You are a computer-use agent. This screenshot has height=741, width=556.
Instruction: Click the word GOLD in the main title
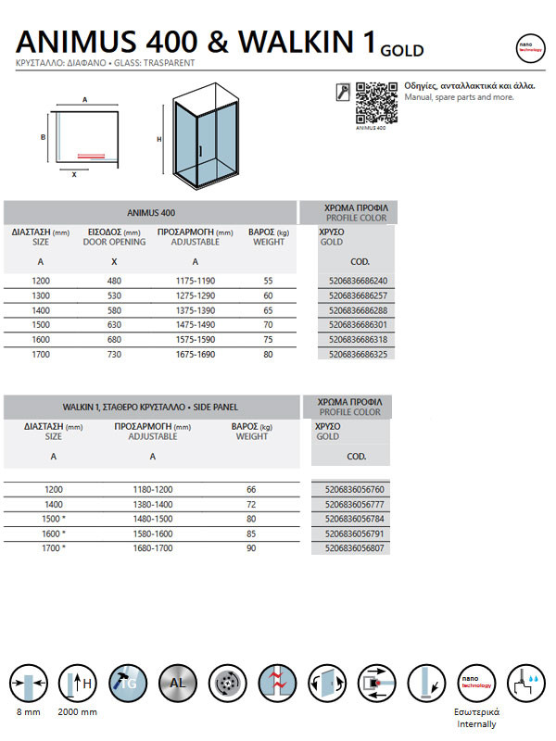[x=402, y=50]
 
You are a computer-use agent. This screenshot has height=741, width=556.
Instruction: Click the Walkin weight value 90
[x=251, y=548]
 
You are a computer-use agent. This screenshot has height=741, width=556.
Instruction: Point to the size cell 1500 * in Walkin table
[x=57, y=519]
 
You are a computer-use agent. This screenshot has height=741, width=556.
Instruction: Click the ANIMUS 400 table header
[x=151, y=212]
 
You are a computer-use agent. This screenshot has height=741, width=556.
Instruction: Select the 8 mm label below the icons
[x=28, y=712]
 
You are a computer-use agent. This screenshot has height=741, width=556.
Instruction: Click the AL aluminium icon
[x=178, y=684]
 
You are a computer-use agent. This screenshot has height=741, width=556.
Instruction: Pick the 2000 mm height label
[x=78, y=712]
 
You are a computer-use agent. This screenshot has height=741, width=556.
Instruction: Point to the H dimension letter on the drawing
[x=159, y=139]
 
